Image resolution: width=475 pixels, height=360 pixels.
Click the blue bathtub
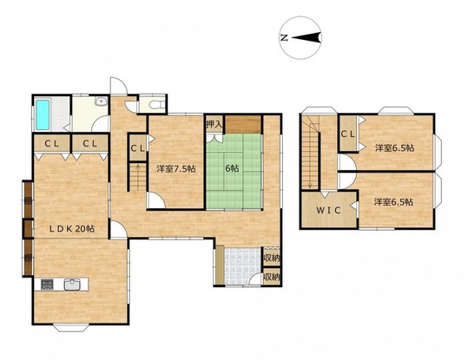coord(43,115)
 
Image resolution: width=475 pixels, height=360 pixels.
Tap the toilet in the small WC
coord(158,105)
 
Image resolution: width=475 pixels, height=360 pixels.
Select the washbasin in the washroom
coord(101,101)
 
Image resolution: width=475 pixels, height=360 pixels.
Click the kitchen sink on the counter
coord(72,285)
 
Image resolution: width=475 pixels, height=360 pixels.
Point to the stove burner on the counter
coord(47,285)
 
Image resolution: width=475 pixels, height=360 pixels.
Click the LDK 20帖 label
coord(72,229)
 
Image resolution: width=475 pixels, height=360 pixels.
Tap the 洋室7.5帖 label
coord(175,168)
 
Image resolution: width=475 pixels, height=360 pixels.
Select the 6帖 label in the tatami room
coord(232,168)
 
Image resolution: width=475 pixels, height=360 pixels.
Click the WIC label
coord(329,210)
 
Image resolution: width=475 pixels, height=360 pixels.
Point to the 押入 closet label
coord(214,124)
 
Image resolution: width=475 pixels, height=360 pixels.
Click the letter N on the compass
coord(284,38)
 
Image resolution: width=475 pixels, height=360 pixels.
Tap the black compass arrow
coord(306,38)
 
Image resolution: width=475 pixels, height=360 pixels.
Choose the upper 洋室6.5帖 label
coord(394,148)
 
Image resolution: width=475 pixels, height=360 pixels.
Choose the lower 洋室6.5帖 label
coord(393,202)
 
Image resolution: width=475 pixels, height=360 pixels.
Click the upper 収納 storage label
coord(272,258)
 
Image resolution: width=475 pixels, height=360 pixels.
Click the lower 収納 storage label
coord(272,277)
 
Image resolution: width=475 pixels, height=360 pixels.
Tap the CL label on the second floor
coord(347,134)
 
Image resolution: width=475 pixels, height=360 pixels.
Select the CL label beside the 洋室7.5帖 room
coord(137,148)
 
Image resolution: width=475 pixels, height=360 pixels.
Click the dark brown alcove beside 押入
coord(243,124)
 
